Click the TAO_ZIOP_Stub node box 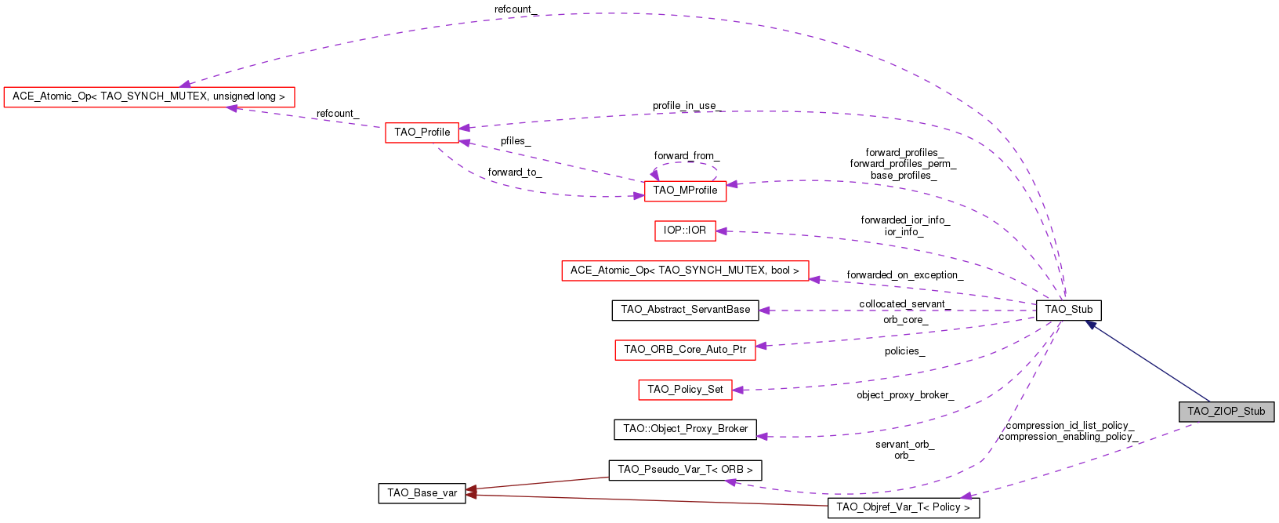pyautogui.click(x=1226, y=412)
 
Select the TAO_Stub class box pyautogui.click(x=1068, y=310)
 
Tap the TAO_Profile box pyautogui.click(x=422, y=133)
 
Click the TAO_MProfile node pyautogui.click(x=685, y=191)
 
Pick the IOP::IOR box pyautogui.click(x=685, y=231)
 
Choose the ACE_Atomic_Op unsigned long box pyautogui.click(x=149, y=96)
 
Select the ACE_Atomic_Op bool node pyautogui.click(x=684, y=271)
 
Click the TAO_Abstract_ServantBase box pyautogui.click(x=685, y=310)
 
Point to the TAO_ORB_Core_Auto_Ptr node pyautogui.click(x=685, y=350)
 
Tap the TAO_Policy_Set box pyautogui.click(x=685, y=390)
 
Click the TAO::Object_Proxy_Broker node pyautogui.click(x=685, y=429)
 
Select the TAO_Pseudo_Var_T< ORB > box pyautogui.click(x=685, y=470)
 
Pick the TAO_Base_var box pyautogui.click(x=422, y=493)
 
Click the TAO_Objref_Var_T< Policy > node pyautogui.click(x=903, y=507)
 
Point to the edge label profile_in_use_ pyautogui.click(x=687, y=106)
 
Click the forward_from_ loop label pyautogui.click(x=687, y=156)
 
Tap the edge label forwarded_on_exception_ pyautogui.click(x=904, y=275)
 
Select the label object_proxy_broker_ pyautogui.click(x=904, y=395)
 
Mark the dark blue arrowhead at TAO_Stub pyautogui.click(x=1090, y=324)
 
